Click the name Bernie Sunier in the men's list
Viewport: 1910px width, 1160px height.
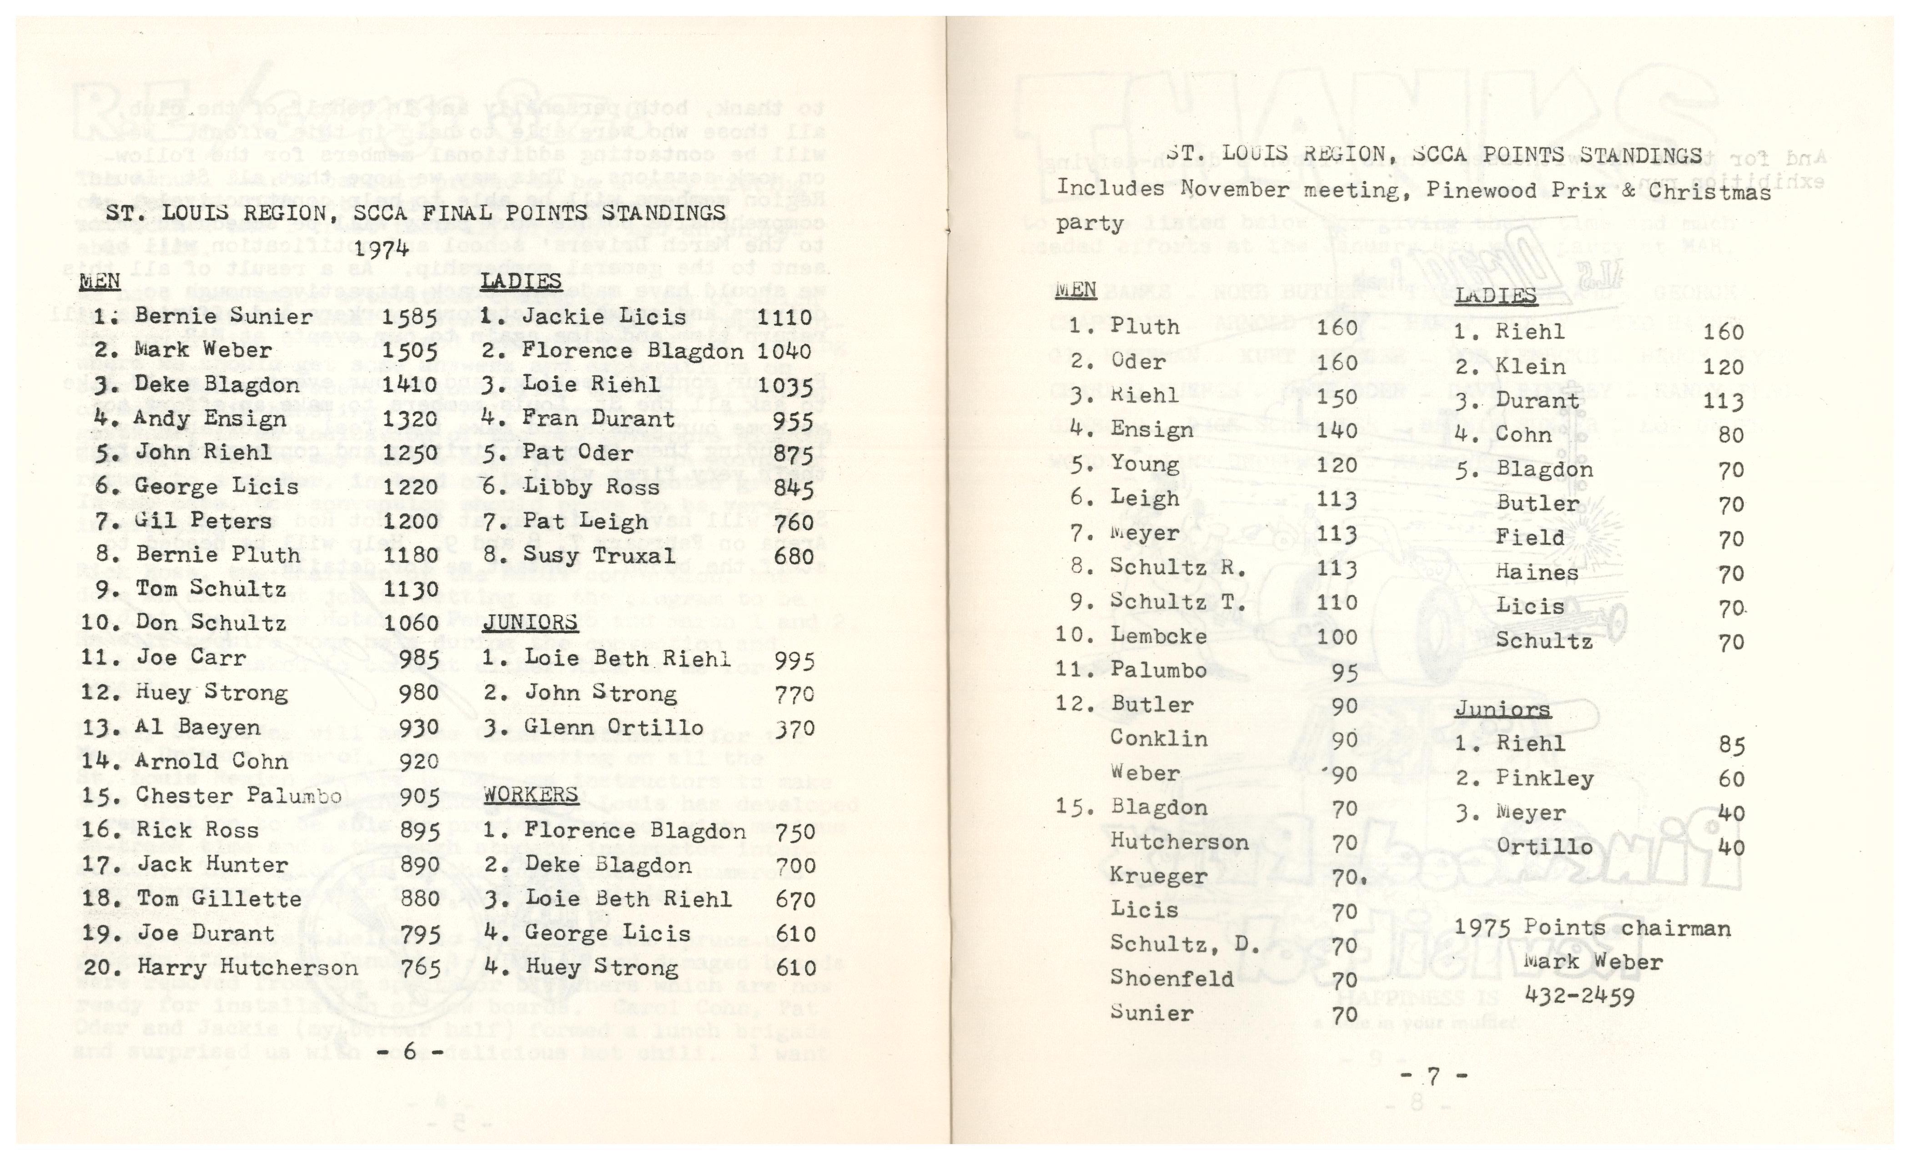[x=223, y=316]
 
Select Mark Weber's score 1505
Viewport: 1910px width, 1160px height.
[x=409, y=350]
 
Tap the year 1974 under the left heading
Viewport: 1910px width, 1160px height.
[x=382, y=248]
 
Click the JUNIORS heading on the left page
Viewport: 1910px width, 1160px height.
[x=530, y=623]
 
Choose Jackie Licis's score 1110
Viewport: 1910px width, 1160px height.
[x=784, y=316]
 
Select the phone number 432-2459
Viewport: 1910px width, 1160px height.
[x=1580, y=996]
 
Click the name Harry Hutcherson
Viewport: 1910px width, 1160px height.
[x=247, y=968]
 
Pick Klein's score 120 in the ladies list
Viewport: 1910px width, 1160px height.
[x=1723, y=367]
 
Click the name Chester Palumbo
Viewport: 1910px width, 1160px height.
[x=238, y=796]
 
